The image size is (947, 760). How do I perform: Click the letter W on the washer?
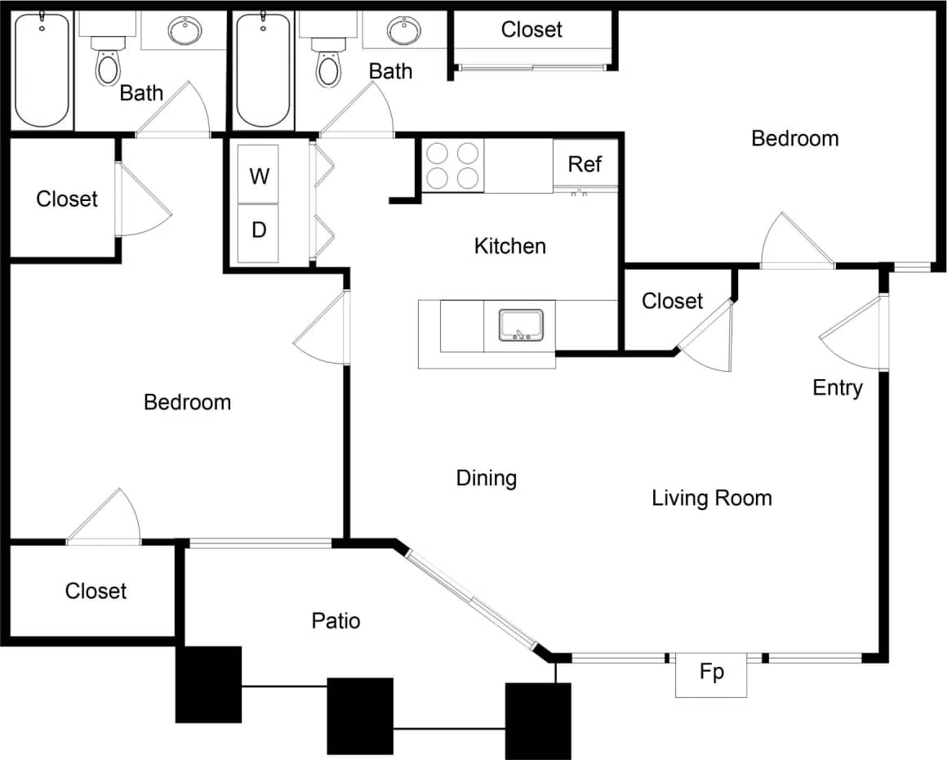tap(259, 176)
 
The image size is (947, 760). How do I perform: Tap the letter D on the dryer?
tap(259, 230)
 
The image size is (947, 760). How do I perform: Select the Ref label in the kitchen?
tap(585, 164)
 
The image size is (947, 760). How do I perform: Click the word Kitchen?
tap(510, 246)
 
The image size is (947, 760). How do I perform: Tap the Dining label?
tap(487, 478)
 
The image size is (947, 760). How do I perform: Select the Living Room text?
tap(712, 498)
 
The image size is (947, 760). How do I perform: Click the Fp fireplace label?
tap(712, 673)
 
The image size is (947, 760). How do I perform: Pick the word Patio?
tap(336, 621)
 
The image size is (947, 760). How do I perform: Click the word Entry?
tap(838, 387)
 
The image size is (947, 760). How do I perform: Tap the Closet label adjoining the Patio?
tap(96, 591)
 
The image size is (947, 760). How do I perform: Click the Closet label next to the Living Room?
tap(672, 301)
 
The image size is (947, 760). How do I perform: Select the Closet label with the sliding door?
tap(532, 30)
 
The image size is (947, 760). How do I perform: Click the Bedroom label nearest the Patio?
tap(187, 402)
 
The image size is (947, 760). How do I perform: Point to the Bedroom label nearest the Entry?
tap(795, 138)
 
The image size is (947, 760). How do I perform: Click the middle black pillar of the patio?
tap(360, 716)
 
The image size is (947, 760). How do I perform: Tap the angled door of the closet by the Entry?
tap(708, 335)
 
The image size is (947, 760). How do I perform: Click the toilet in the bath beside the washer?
tap(328, 65)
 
